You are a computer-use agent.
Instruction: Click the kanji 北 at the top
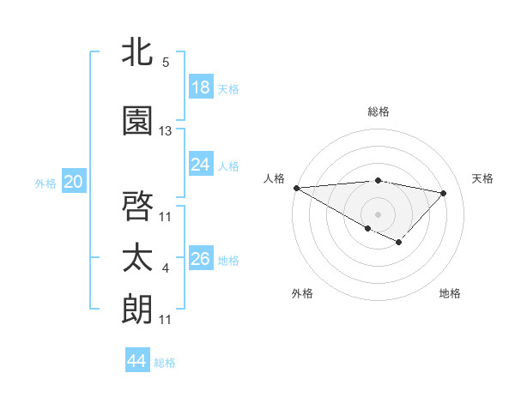137,52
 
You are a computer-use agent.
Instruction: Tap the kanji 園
137,121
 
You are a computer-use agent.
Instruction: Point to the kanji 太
137,258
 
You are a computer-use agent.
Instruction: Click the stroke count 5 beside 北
166,63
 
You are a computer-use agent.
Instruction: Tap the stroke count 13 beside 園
166,131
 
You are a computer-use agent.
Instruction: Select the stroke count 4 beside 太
166,269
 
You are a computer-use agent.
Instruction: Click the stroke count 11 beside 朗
166,320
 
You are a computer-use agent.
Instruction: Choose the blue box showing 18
201,87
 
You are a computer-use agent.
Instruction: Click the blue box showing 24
201,165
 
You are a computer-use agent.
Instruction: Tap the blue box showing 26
201,259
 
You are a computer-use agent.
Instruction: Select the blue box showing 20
73,181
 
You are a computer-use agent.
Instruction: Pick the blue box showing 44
137,361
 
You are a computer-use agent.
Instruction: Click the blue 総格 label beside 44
165,363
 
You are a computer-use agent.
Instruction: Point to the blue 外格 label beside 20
45,183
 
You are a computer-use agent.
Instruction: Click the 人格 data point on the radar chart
296,188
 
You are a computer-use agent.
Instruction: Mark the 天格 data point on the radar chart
444,193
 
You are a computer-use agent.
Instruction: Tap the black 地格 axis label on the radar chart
450,293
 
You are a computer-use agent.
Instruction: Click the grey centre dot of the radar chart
378,213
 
